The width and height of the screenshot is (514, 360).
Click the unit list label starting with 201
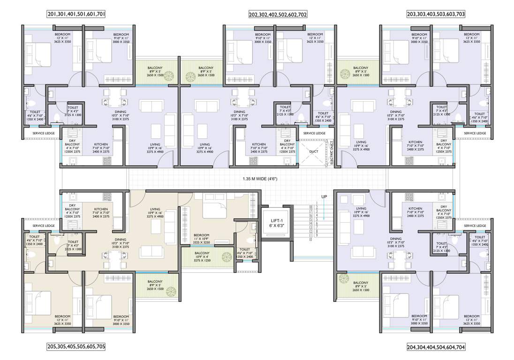(x=76, y=15)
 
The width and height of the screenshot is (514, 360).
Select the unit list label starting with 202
(x=278, y=15)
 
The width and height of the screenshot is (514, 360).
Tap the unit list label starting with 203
(x=436, y=15)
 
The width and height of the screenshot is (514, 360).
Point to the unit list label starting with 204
(x=436, y=347)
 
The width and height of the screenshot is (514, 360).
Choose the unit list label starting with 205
(x=76, y=347)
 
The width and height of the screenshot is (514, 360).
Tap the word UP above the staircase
(x=324, y=197)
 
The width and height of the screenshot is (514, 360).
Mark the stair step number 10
(x=310, y=239)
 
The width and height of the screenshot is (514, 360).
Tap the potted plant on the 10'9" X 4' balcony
(x=227, y=257)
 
